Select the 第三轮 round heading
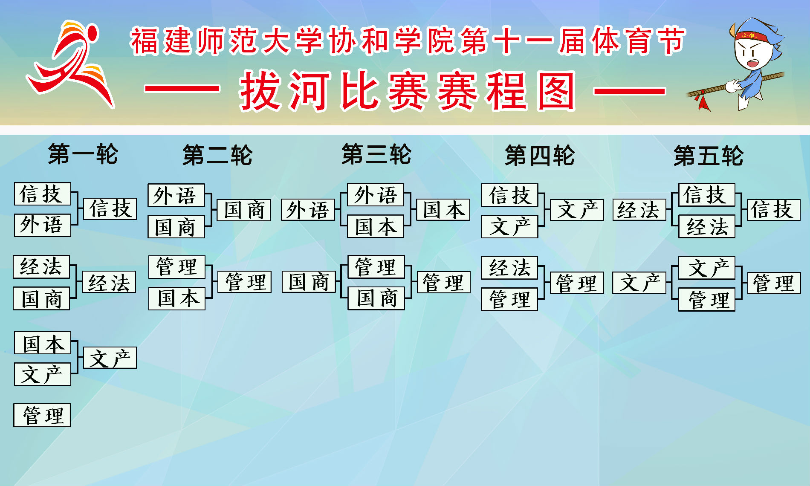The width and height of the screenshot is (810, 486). [376, 154]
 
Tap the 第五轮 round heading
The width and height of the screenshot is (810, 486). [708, 155]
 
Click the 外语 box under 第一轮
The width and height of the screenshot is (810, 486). [42, 225]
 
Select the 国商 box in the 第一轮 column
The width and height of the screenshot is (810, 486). [41, 298]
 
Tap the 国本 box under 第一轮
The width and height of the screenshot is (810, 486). [43, 343]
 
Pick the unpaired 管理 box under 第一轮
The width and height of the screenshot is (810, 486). [42, 415]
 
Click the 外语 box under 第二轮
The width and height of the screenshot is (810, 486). [176, 195]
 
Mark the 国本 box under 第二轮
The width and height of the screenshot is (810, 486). [177, 298]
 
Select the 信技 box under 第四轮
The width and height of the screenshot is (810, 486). [509, 195]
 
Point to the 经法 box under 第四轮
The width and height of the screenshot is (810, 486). [509, 268]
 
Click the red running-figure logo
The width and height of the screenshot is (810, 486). [70, 64]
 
